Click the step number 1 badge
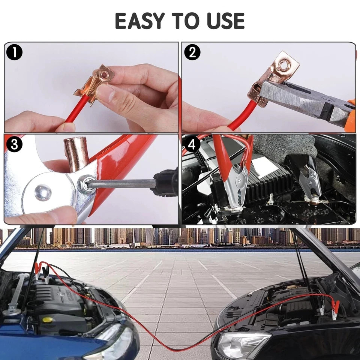click(14, 53)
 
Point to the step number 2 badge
click(192, 53)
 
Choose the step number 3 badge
click(14, 145)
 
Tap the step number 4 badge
click(192, 145)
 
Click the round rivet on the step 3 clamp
click(42, 192)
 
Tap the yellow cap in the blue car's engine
click(48, 319)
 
